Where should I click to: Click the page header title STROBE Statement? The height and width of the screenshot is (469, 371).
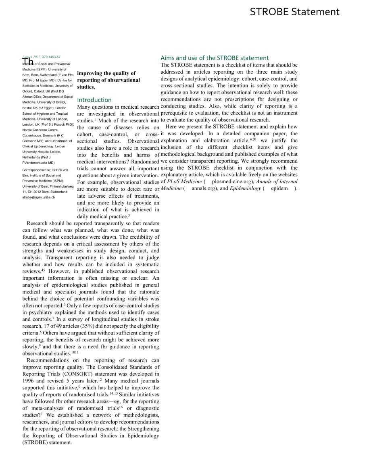tap(294, 12)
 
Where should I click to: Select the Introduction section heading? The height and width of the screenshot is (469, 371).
tap(94, 100)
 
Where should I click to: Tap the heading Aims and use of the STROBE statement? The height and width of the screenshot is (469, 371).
tap(215, 58)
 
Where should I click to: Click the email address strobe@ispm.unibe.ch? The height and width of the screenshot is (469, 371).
tap(39, 197)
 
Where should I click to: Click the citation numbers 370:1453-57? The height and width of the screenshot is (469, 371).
tap(51, 57)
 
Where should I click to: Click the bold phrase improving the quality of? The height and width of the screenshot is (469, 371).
tap(106, 73)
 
